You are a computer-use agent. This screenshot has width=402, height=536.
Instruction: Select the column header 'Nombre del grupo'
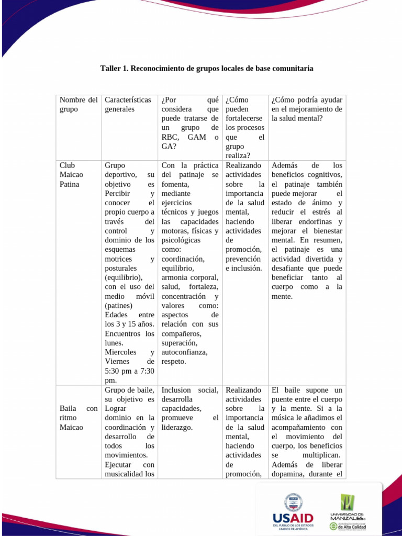(x=79, y=105)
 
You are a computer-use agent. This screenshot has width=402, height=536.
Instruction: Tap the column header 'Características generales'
(x=128, y=105)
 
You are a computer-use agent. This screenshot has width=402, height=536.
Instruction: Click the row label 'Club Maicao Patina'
(x=71, y=174)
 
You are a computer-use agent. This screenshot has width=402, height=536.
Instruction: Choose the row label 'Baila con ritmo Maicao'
(x=79, y=418)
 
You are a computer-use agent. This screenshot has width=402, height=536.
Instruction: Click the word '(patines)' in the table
(x=119, y=306)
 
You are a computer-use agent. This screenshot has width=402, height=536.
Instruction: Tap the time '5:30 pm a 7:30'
(x=129, y=371)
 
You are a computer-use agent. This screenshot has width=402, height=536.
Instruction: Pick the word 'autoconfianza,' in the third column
(x=184, y=352)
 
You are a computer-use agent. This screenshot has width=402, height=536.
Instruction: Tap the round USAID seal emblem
(x=293, y=502)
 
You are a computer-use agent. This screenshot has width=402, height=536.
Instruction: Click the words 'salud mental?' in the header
(x=297, y=119)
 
